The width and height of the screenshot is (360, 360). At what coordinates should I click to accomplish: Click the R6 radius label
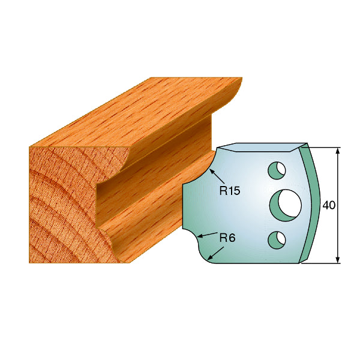coord(226,238)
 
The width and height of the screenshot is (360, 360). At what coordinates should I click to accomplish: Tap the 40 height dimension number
coord(328,205)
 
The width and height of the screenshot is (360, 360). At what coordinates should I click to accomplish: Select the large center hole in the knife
coord(286,205)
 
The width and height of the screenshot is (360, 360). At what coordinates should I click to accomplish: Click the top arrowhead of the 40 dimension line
coord(338,151)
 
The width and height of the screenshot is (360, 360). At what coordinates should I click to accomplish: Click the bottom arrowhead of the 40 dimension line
coord(338,259)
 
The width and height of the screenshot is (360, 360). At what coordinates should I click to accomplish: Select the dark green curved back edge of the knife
coord(313,204)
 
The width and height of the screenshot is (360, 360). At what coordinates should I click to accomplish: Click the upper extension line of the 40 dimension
coord(324,146)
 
